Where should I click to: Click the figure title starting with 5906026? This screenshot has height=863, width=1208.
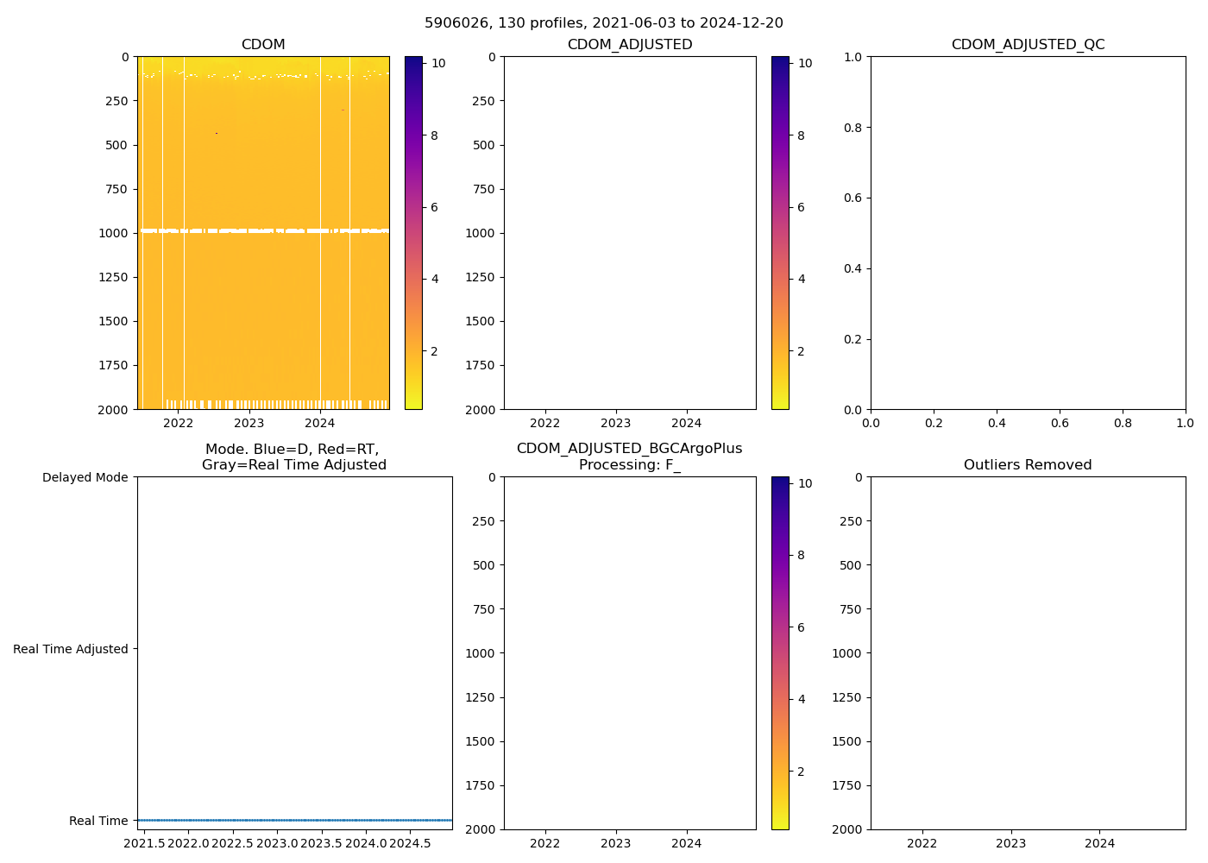point(603,23)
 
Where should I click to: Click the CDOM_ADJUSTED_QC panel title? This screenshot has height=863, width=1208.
point(1028,45)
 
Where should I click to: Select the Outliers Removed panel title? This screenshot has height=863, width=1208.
point(1028,465)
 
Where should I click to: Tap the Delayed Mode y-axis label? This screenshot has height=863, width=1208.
point(85,477)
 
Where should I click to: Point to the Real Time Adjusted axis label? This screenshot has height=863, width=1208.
point(70,649)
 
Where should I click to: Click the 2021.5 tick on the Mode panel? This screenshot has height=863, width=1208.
point(144,842)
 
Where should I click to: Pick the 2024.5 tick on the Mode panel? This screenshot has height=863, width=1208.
point(410,842)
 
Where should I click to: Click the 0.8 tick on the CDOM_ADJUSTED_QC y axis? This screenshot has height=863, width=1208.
point(853,128)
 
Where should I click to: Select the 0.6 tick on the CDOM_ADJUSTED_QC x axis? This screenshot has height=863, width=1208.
point(1060,423)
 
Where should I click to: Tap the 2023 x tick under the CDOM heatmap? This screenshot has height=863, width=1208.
point(249,423)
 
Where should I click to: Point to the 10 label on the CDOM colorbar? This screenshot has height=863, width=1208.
point(438,63)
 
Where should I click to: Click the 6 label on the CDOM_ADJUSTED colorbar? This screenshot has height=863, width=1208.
point(801,207)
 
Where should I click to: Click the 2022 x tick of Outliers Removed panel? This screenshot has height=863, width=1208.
point(922,843)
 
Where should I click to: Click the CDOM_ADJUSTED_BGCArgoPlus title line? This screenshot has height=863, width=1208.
point(629,449)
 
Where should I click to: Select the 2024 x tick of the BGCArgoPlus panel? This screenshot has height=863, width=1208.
point(687,843)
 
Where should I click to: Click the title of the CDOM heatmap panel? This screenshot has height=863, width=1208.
point(263,45)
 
